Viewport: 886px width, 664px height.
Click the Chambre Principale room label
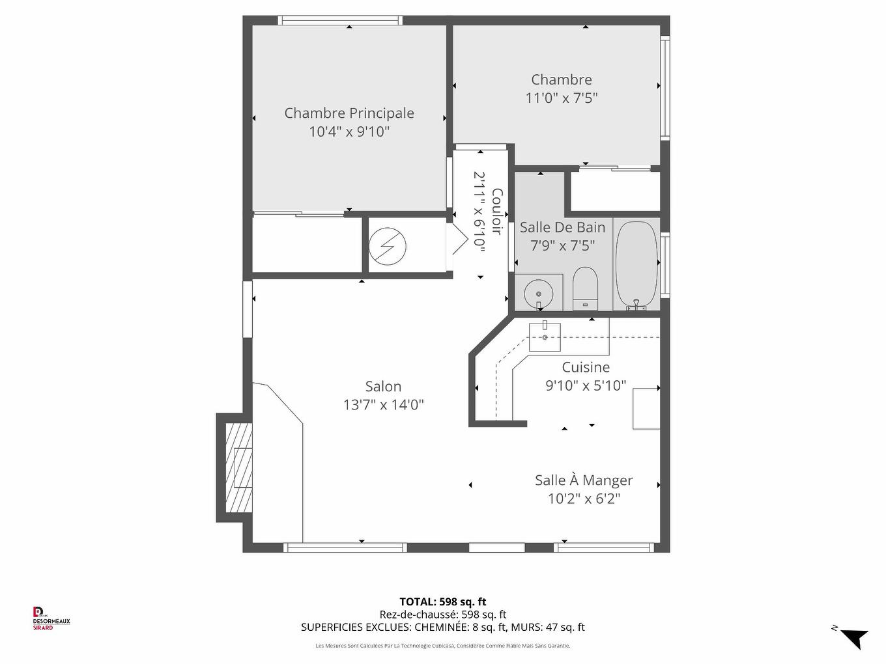click(349, 113)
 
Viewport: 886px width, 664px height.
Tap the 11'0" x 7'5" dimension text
click(562, 98)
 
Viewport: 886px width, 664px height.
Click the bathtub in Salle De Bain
click(636, 264)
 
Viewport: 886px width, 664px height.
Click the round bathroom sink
click(538, 293)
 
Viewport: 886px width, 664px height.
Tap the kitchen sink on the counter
click(545, 336)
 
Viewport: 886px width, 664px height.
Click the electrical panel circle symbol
click(388, 247)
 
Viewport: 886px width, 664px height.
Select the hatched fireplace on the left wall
click(238, 467)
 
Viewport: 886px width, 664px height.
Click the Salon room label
click(383, 387)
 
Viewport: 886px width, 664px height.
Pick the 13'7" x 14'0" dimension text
click(384, 405)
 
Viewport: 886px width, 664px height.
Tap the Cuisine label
click(586, 367)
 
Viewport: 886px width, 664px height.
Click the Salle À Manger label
click(584, 480)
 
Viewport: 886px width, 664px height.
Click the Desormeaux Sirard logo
click(51, 618)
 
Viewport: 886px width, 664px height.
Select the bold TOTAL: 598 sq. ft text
click(443, 602)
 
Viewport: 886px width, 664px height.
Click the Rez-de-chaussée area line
click(443, 615)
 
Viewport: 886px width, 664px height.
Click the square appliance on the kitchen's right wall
click(646, 408)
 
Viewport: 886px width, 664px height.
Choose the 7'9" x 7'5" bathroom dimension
click(563, 245)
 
